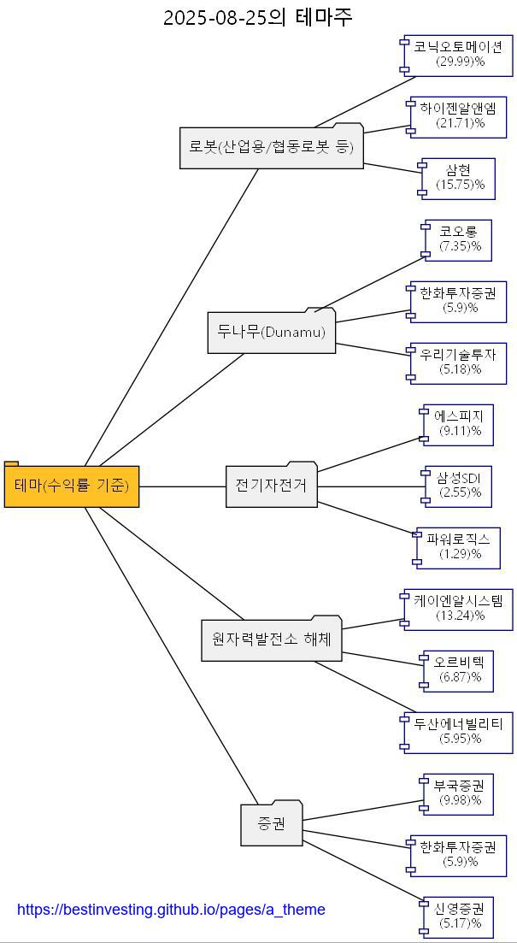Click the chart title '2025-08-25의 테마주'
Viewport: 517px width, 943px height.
pyautogui.click(x=258, y=17)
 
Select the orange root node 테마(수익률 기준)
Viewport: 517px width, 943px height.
pyautogui.click(x=72, y=486)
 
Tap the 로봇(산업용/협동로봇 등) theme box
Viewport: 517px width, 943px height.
pyautogui.click(x=272, y=147)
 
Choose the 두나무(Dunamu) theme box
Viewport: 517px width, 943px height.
pyautogui.click(x=272, y=332)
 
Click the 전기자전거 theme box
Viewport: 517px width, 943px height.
pyautogui.click(x=271, y=486)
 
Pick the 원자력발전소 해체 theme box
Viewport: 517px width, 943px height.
pyautogui.click(x=272, y=639)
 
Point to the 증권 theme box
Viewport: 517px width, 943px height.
pyautogui.click(x=272, y=824)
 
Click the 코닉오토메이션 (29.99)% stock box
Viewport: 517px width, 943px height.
pyautogui.click(x=458, y=54)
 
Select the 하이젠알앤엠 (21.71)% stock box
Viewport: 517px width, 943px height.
pyautogui.click(x=458, y=116)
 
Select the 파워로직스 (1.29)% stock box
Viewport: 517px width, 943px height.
pyautogui.click(x=459, y=547)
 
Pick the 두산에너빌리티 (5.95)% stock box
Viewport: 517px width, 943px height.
pyautogui.click(x=459, y=732)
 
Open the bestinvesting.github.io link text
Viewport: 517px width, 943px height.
pyautogui.click(x=171, y=910)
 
